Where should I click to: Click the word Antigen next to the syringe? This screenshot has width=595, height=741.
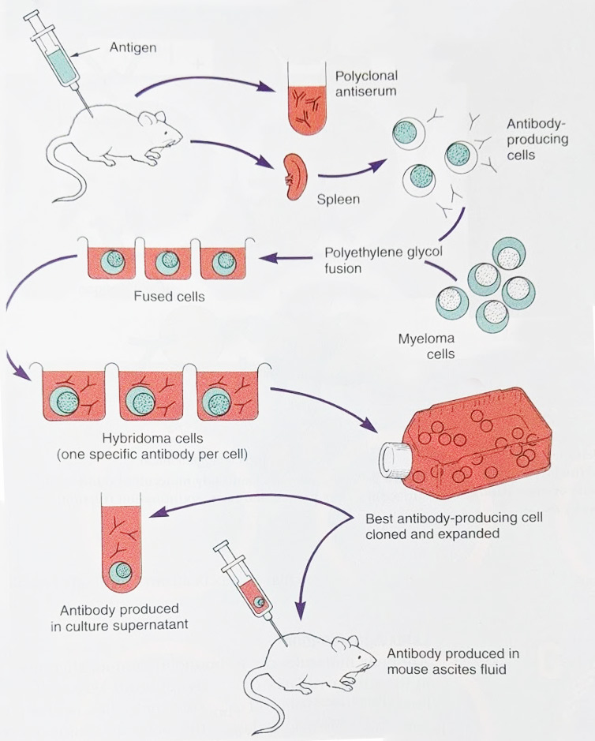tap(134, 48)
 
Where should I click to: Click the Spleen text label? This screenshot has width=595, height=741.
tap(338, 199)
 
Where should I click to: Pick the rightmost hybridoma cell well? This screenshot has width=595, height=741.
tap(230, 395)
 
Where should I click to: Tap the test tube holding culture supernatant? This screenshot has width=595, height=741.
tap(118, 545)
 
